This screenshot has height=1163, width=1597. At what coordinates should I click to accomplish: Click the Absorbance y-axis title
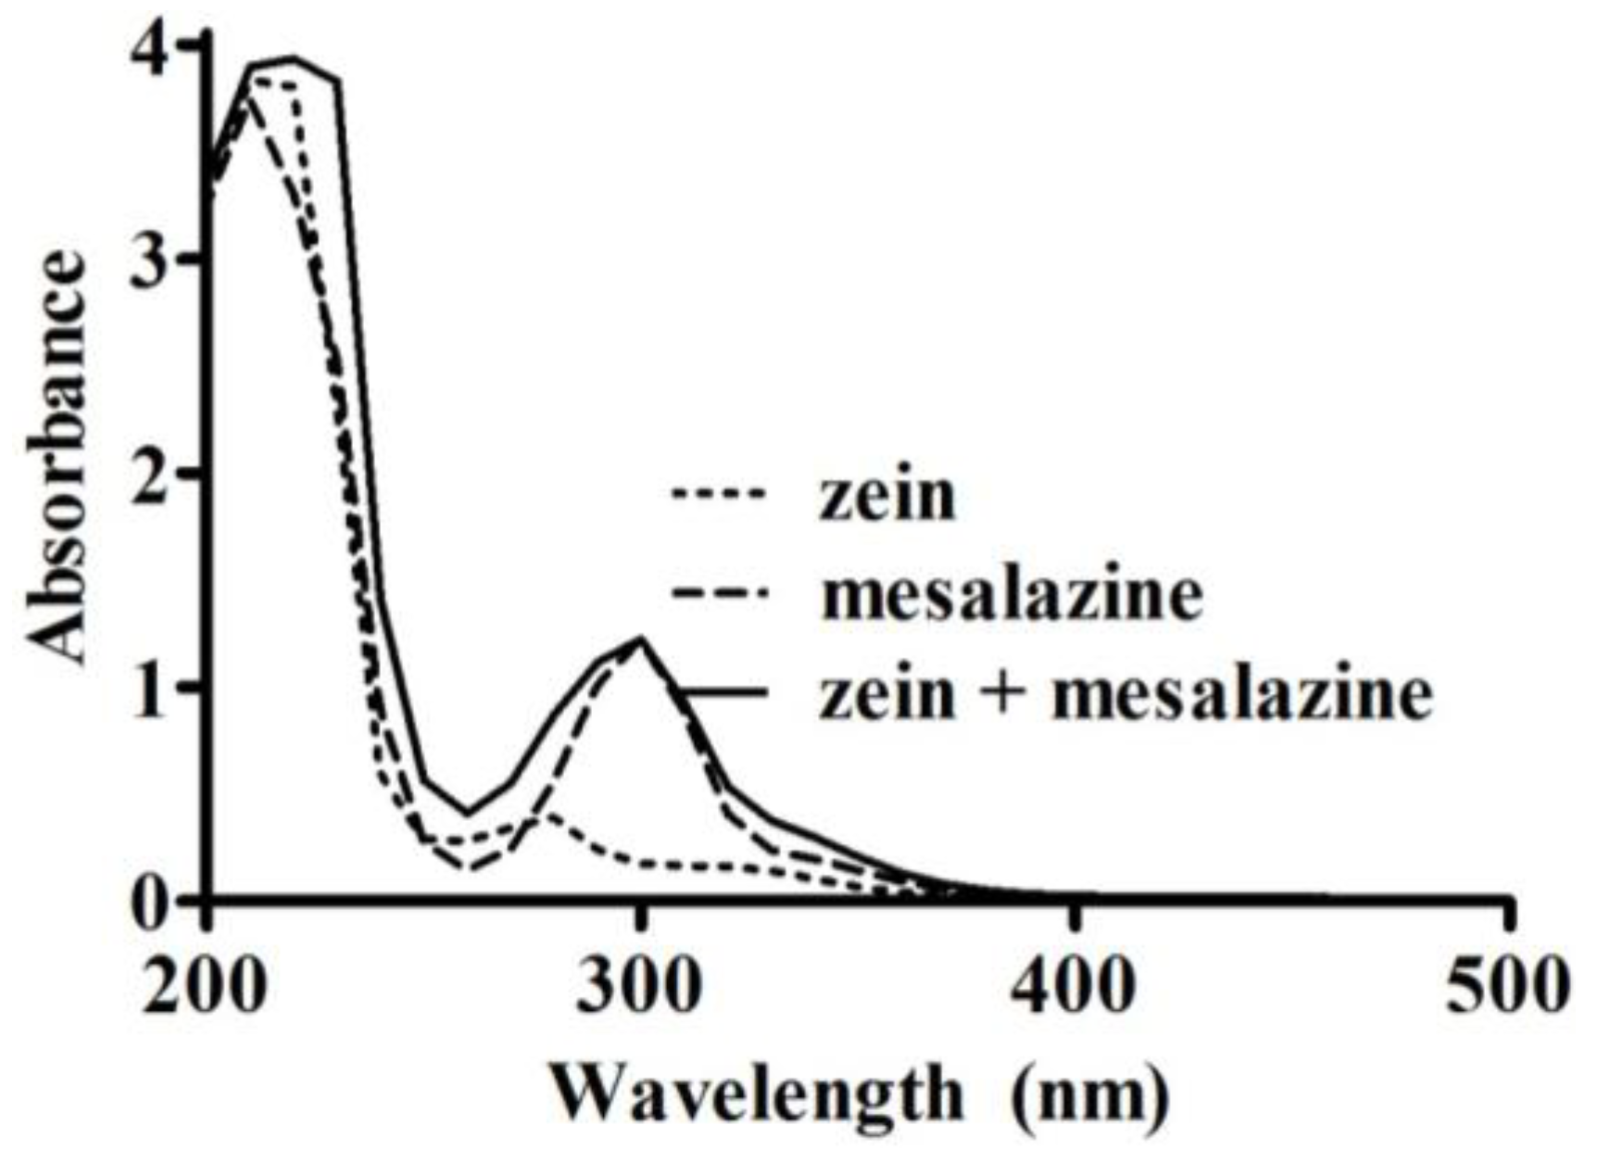click(57, 458)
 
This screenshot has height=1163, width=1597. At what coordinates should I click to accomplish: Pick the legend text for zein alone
click(887, 495)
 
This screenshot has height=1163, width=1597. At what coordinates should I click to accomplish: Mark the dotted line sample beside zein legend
click(719, 495)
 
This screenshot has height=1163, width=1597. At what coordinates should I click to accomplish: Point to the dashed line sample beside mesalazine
click(719, 593)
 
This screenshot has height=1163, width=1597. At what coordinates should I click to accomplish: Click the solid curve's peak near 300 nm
click(640, 638)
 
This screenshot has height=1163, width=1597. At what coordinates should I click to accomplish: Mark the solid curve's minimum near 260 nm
click(466, 815)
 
